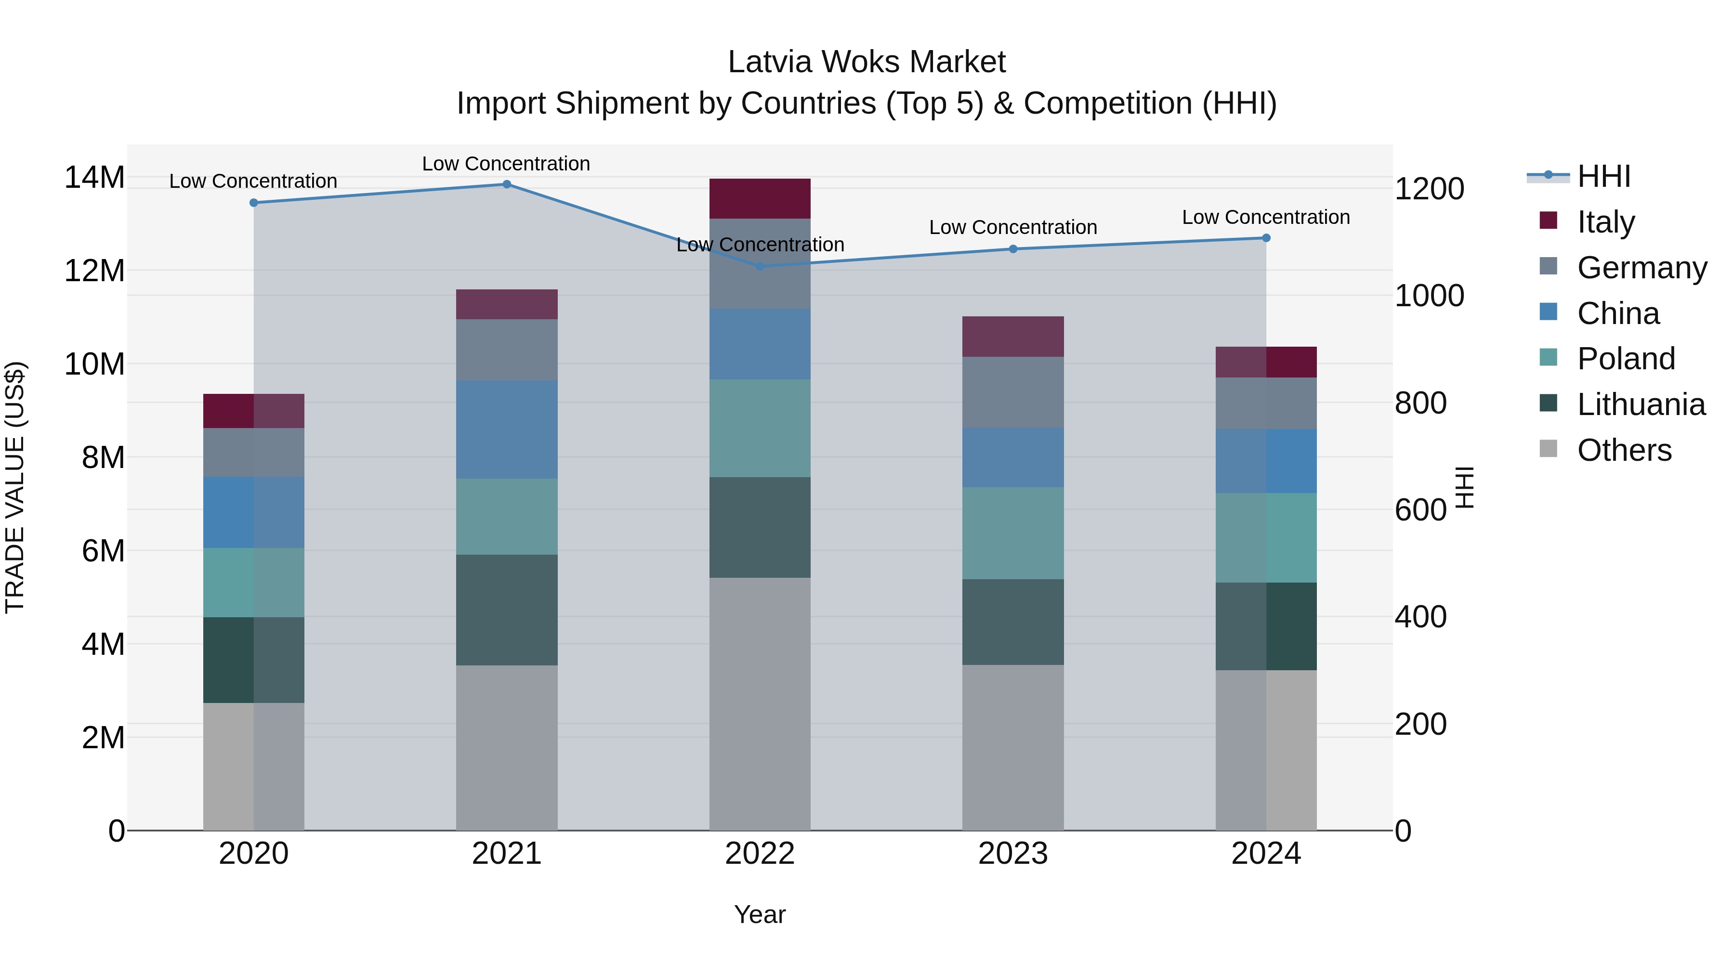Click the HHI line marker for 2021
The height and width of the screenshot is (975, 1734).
pyautogui.click(x=507, y=184)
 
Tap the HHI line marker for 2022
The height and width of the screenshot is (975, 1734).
pyautogui.click(x=760, y=266)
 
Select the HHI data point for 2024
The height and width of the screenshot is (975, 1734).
pyautogui.click(x=1266, y=237)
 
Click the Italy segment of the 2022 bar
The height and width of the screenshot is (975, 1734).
pyautogui.click(x=760, y=198)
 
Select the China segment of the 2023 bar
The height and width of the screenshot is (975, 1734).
pyautogui.click(x=1013, y=457)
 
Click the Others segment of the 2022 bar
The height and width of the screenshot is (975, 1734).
pyautogui.click(x=760, y=704)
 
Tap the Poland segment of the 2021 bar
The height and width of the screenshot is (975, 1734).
pyautogui.click(x=507, y=517)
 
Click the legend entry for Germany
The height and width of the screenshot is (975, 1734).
pyautogui.click(x=1641, y=268)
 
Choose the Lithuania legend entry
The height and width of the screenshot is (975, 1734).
pyautogui.click(x=1641, y=404)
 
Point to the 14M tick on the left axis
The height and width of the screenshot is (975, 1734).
pyautogui.click(x=94, y=178)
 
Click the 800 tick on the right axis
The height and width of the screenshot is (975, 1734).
pyautogui.click(x=1420, y=403)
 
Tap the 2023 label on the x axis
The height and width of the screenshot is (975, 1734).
pyautogui.click(x=1013, y=854)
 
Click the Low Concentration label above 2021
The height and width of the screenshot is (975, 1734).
pyautogui.click(x=506, y=164)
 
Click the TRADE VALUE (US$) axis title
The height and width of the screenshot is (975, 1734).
pyautogui.click(x=15, y=487)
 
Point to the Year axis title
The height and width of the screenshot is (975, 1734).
pyautogui.click(x=760, y=914)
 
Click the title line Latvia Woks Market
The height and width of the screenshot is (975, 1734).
pyautogui.click(x=867, y=62)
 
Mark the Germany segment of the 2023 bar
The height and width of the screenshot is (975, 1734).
pyautogui.click(x=1013, y=392)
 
